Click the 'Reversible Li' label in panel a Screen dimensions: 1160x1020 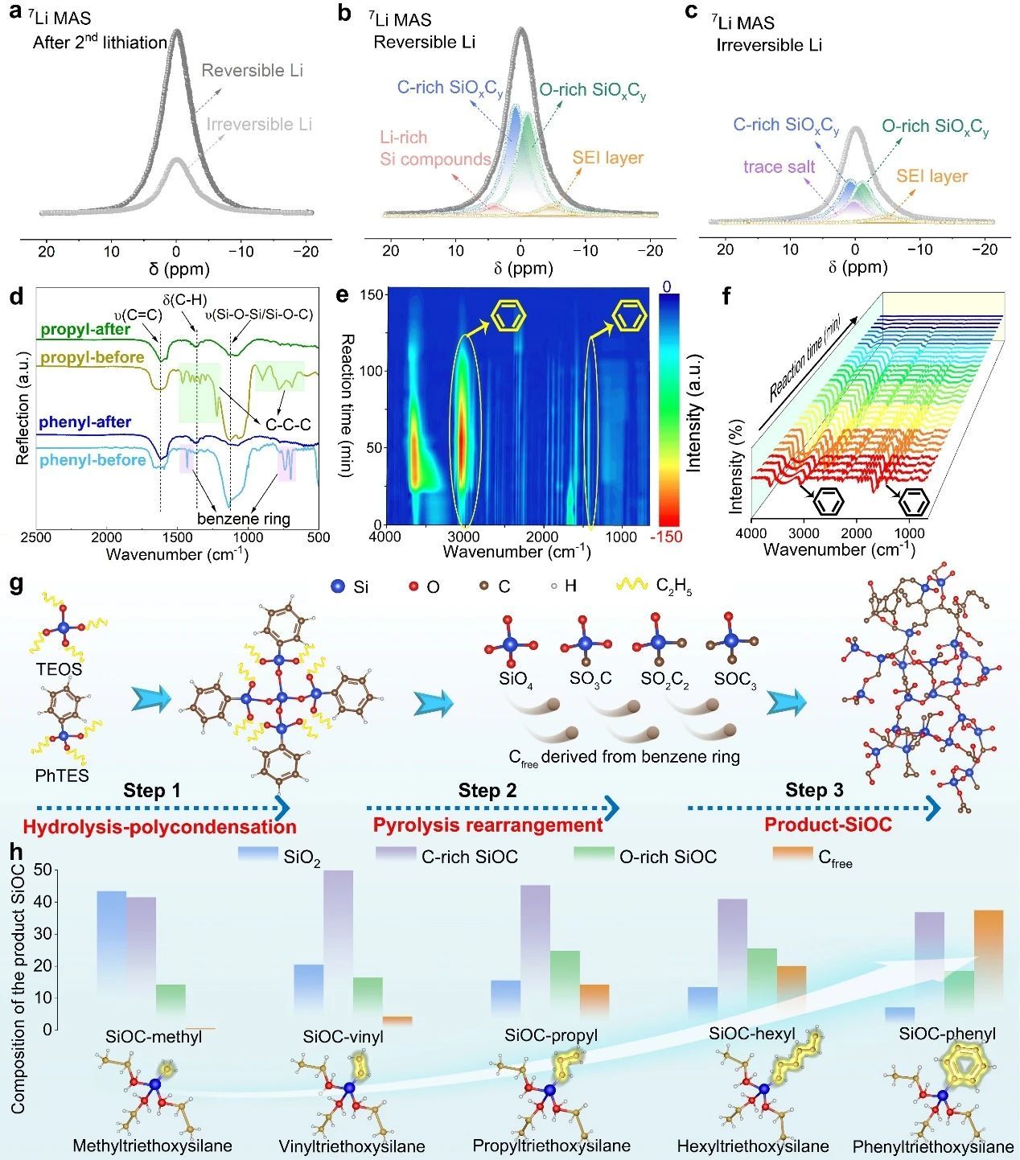click(x=252, y=71)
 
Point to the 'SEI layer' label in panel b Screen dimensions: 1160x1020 click(x=607, y=158)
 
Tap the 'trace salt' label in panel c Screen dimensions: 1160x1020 click(x=779, y=167)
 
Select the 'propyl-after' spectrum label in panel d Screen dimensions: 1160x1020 click(x=85, y=329)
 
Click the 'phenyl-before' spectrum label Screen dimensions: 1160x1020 click(x=93, y=460)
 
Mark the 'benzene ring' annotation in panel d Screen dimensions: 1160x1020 click(x=244, y=519)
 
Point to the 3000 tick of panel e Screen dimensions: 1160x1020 click(x=463, y=536)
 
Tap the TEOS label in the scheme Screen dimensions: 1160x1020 click(x=59, y=669)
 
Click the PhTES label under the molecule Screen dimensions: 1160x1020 click(x=62, y=776)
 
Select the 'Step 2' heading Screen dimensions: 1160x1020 click(x=487, y=791)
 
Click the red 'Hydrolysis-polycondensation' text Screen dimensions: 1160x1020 click(x=159, y=827)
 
